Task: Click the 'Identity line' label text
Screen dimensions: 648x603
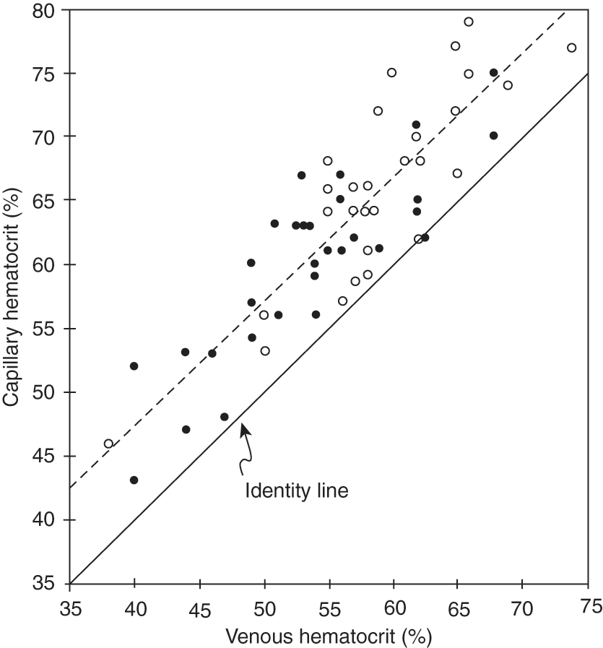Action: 297,491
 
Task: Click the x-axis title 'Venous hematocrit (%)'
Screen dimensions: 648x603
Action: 329,635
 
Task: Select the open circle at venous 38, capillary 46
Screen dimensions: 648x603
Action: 109,444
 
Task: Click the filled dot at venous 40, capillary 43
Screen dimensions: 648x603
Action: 134,480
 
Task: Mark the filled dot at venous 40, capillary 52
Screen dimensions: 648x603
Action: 134,366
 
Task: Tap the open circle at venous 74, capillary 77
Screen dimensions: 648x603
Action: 572,48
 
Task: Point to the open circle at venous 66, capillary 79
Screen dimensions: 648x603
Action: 469,22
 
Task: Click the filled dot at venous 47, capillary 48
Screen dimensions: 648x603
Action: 225,417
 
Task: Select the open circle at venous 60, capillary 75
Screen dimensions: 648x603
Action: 391,72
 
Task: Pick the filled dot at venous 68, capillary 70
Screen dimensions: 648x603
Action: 494,135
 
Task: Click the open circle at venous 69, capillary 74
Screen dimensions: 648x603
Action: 508,85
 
